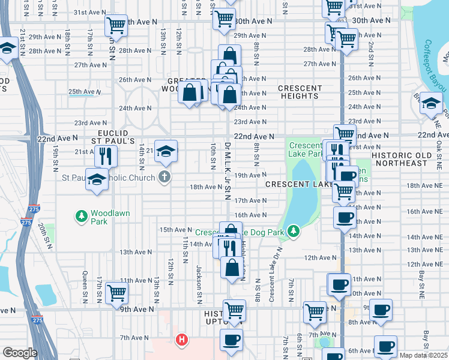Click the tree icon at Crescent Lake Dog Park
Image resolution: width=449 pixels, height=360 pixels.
click(x=293, y=230)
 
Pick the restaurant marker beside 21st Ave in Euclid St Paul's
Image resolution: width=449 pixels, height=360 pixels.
click(x=106, y=156)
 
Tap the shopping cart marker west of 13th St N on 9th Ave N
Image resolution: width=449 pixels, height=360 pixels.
click(x=116, y=293)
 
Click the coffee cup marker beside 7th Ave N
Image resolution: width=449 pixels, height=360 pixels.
click(x=231, y=340)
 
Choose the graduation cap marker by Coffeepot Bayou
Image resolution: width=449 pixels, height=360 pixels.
click(x=431, y=104)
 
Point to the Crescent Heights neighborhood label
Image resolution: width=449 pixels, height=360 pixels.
click(x=300, y=92)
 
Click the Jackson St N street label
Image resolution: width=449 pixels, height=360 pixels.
click(x=198, y=281)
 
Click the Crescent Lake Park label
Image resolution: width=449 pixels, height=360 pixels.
click(x=304, y=149)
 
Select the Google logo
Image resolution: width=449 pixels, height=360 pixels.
click(x=20, y=353)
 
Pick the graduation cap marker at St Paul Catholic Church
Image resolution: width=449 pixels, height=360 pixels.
click(x=97, y=179)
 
